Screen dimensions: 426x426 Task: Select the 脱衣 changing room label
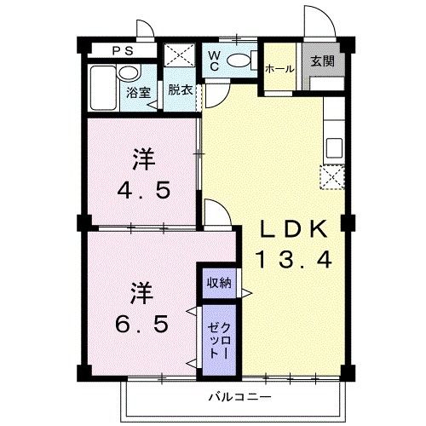tap(178, 89)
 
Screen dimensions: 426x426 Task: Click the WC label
tap(216, 63)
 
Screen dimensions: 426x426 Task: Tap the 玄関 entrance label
tap(321, 61)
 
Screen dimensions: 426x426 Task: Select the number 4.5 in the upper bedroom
tap(150, 188)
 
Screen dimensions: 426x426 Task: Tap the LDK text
tap(292, 228)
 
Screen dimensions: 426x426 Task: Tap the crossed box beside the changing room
tap(180, 55)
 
